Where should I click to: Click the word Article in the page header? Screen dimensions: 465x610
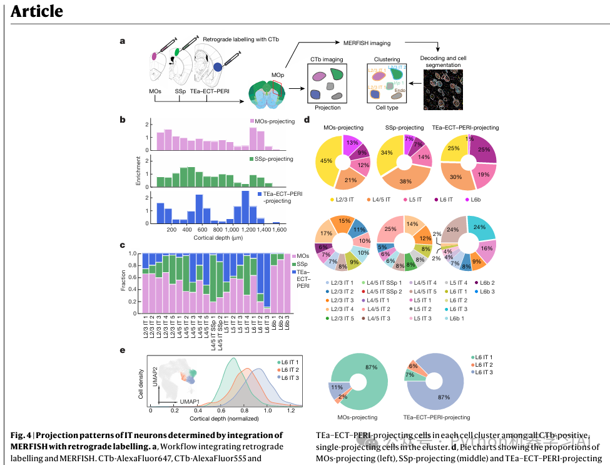[x=37, y=11]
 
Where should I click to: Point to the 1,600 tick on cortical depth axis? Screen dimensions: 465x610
[x=280, y=230]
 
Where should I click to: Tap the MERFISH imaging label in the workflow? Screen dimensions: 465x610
[x=367, y=43]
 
